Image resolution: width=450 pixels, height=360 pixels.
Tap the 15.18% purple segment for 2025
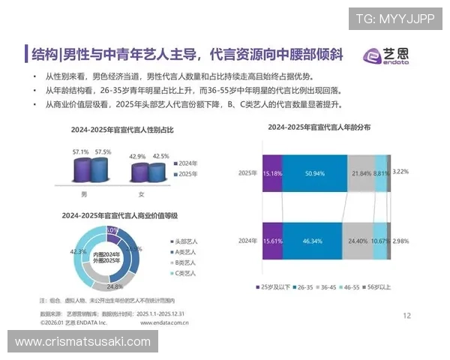pos(272,173)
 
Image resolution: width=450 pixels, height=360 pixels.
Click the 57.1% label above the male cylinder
pos(80,152)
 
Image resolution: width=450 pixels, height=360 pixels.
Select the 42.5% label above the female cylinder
pos(160,156)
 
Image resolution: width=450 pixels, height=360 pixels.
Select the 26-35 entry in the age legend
pos(305,287)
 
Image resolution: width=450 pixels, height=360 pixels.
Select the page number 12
pos(407,315)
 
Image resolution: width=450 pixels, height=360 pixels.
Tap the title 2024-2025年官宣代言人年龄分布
pos(319,127)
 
